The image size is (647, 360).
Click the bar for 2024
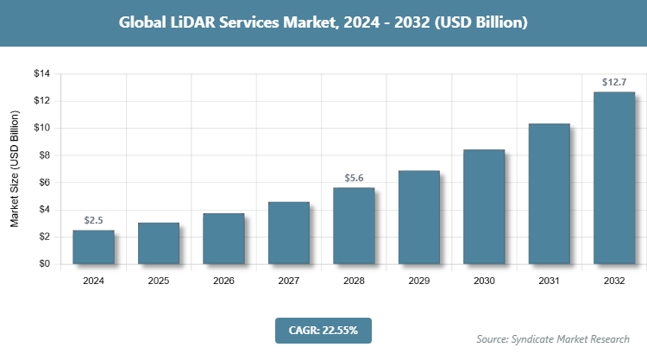93,247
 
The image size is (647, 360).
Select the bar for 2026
223,238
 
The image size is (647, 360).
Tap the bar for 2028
354,225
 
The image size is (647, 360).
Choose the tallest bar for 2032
614,178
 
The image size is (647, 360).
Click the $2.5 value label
93,221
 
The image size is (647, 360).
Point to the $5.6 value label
354,179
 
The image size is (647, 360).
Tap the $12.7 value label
614,83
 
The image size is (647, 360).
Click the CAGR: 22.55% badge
323,330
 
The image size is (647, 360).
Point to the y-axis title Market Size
15,169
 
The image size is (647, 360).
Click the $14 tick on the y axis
41,74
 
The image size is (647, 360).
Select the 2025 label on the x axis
159,281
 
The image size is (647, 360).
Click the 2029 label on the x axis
419,281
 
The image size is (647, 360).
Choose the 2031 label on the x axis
550,281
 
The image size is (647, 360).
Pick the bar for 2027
289,232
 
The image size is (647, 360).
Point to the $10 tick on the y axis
41,129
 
